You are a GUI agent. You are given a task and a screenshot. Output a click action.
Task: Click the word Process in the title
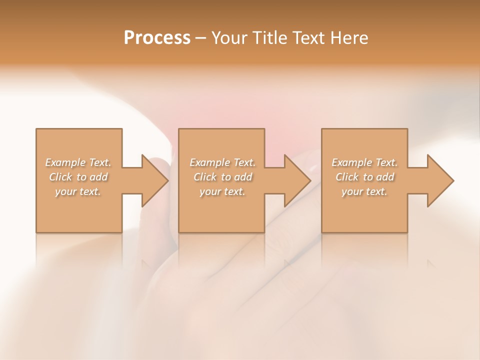pyautogui.click(x=157, y=38)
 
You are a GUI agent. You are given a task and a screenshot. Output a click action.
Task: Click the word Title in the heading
pyautogui.click(x=270, y=38)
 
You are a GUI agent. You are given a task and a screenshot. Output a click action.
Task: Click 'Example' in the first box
pyautogui.click(x=65, y=162)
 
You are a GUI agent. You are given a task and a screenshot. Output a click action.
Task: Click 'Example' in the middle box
pyautogui.click(x=209, y=162)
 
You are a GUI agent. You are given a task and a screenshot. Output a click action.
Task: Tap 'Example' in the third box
pyautogui.click(x=351, y=162)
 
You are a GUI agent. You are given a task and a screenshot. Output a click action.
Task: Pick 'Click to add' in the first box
pyautogui.click(x=78, y=177)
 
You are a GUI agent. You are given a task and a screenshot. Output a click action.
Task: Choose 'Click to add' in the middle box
pyautogui.click(x=222, y=177)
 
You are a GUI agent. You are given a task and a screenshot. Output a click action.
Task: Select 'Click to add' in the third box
pyautogui.click(x=364, y=177)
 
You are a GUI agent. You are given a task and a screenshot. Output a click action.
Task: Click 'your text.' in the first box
pyautogui.click(x=78, y=191)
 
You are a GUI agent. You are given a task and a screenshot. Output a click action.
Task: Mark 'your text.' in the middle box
pyautogui.click(x=222, y=191)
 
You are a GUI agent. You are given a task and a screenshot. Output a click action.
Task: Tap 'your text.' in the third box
pyautogui.click(x=364, y=191)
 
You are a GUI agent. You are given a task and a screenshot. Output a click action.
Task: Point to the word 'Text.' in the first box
pyautogui.click(x=99, y=162)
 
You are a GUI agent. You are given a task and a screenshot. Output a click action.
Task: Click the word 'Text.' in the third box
pyautogui.click(x=386, y=162)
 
